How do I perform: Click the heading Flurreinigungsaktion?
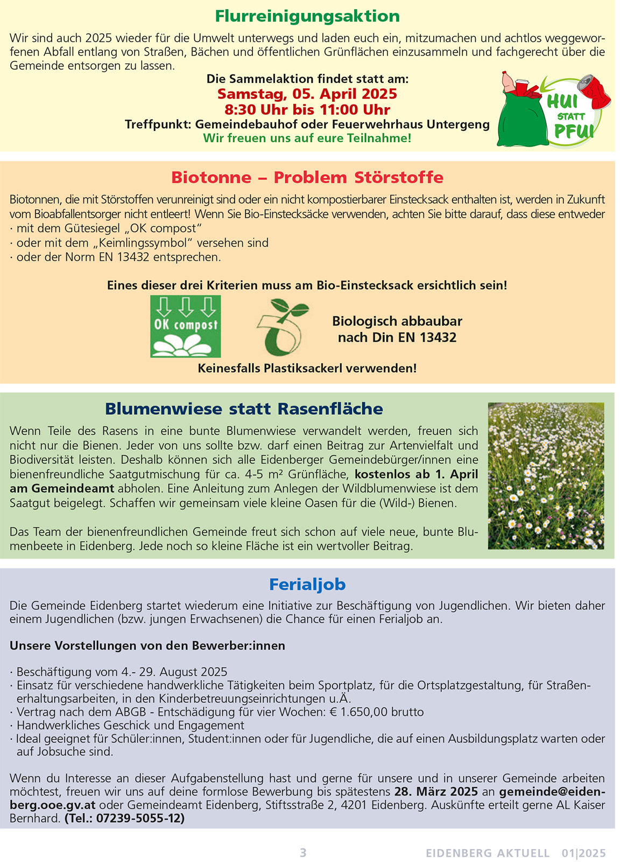pyautogui.click(x=307, y=16)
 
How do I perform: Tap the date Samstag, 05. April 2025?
pyautogui.click(x=307, y=94)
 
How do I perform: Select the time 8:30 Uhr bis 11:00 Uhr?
pyautogui.click(x=307, y=110)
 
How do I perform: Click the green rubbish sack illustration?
pyautogui.click(x=521, y=119)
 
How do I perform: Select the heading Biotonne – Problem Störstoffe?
pyautogui.click(x=307, y=177)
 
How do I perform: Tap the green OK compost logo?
pyautogui.click(x=186, y=326)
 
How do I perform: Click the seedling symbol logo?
pyautogui.click(x=283, y=327)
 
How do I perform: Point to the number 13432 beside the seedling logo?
pyautogui.click(x=435, y=338)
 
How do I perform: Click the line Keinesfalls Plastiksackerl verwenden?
pyautogui.click(x=307, y=369)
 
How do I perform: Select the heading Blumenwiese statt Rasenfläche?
pyautogui.click(x=244, y=409)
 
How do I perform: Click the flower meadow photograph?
pyautogui.click(x=546, y=476)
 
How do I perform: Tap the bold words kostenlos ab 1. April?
pyautogui.click(x=417, y=475)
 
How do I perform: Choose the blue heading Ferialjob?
pyautogui.click(x=307, y=585)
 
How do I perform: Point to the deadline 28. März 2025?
pyautogui.click(x=436, y=791)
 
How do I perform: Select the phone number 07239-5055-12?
pyautogui.click(x=139, y=818)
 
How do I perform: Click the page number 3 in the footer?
pyautogui.click(x=303, y=853)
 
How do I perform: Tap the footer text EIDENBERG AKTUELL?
pyautogui.click(x=488, y=853)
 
